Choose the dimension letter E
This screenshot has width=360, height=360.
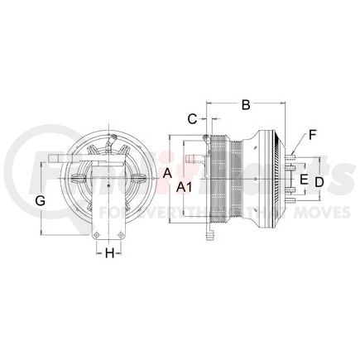303,180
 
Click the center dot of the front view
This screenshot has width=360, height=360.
109,175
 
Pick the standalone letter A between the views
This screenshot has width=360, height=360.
166,174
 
